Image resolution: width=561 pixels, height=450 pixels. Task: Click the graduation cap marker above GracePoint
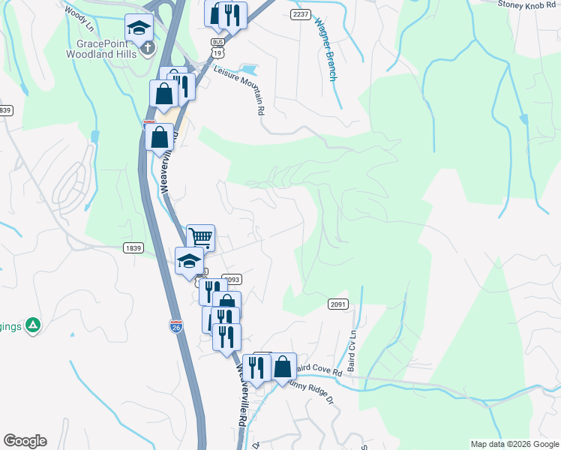click(138, 29)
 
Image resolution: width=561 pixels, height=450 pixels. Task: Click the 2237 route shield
click(300, 14)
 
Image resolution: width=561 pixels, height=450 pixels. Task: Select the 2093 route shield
click(231, 279)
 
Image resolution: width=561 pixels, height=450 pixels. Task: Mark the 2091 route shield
click(337, 304)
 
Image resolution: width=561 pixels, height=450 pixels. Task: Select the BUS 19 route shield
click(217, 48)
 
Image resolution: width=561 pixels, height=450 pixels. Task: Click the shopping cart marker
click(200, 238)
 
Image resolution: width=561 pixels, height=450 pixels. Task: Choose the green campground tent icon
click(32, 325)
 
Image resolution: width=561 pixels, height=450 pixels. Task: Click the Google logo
click(25, 441)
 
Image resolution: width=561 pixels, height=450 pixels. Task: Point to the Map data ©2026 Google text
click(514, 444)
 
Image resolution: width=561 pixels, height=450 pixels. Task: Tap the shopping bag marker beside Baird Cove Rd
click(283, 367)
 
